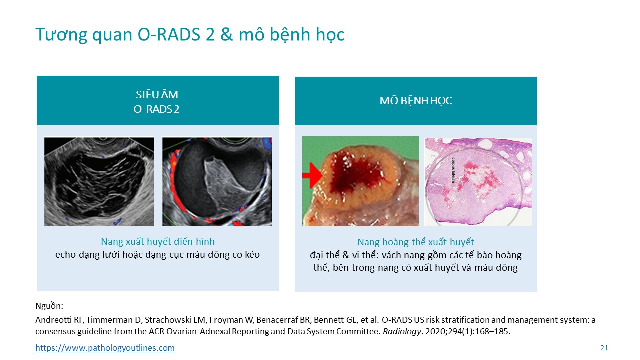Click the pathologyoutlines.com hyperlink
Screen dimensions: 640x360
[x=105, y=348]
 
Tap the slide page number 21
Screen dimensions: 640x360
[x=604, y=348]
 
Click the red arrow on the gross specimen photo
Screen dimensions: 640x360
[x=312, y=175]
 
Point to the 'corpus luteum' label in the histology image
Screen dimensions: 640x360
[x=453, y=170]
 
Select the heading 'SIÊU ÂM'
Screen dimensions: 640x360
[x=157, y=95]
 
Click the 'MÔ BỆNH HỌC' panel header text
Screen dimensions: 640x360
[x=416, y=101]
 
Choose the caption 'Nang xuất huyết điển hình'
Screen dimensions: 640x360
[x=158, y=241]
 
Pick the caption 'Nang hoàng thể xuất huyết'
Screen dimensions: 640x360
[x=416, y=242]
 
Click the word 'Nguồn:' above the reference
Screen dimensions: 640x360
[x=49, y=306]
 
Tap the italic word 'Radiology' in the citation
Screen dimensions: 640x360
[x=402, y=331]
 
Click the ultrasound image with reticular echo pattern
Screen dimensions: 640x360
[x=99, y=182]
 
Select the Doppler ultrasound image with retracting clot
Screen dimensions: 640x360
[x=217, y=182]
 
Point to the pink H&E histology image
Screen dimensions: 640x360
[x=478, y=182]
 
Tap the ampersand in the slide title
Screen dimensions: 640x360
[x=227, y=35]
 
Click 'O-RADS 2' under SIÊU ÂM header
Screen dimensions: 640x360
[x=156, y=109]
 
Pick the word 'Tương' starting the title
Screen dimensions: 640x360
[x=61, y=35]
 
